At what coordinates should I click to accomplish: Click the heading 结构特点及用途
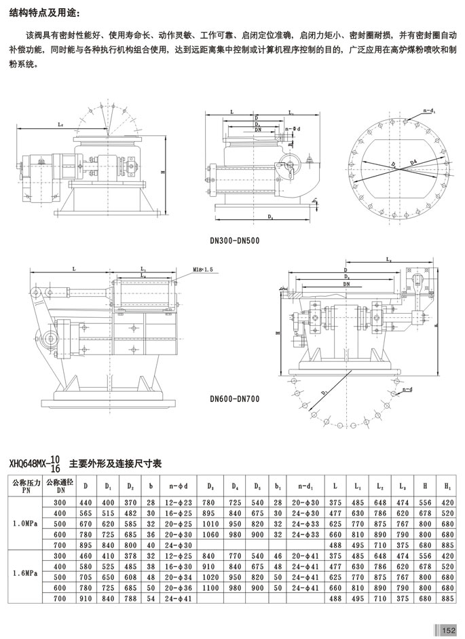pos(44,12)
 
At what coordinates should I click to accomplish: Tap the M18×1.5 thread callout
pos(202,270)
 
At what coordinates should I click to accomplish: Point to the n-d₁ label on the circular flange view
pos(430,109)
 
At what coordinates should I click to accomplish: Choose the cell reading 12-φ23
pos(178,501)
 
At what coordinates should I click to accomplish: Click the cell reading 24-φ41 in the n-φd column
pos(178,600)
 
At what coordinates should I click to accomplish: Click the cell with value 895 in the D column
pos(86,545)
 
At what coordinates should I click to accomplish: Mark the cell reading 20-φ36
pos(178,588)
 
